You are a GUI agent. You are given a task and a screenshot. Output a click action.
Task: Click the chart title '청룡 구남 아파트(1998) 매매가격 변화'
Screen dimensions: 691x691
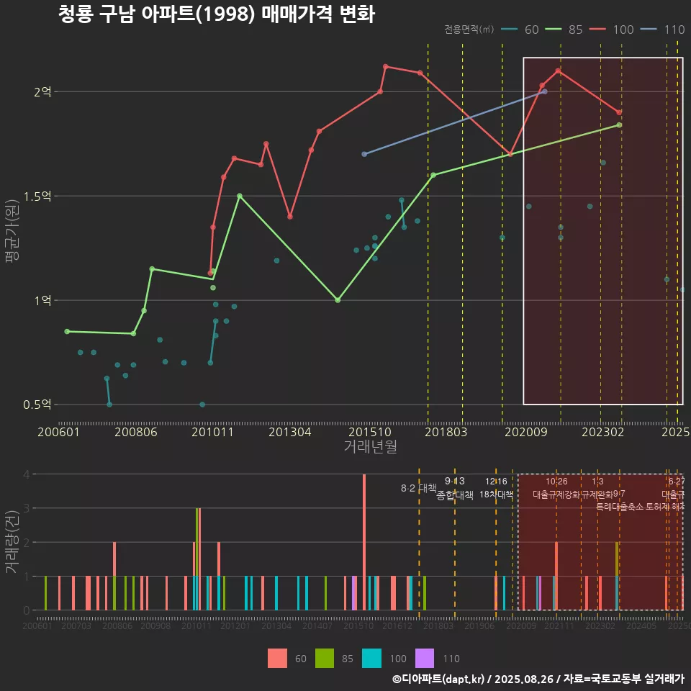tap(216, 14)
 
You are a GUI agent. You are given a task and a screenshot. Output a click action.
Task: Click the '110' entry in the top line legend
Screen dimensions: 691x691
tap(674, 30)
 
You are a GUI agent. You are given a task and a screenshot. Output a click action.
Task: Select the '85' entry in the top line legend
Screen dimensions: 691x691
tap(575, 30)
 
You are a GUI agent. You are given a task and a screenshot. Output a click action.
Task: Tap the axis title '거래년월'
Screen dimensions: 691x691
tap(370, 447)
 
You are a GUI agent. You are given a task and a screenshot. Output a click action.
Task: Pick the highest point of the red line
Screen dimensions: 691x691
tap(386, 66)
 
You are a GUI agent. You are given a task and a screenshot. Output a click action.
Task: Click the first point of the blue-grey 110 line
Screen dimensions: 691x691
tap(364, 154)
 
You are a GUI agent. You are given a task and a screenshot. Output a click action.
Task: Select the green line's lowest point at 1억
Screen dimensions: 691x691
tap(338, 300)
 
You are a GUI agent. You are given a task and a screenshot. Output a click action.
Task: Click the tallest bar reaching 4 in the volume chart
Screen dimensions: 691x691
tap(364, 541)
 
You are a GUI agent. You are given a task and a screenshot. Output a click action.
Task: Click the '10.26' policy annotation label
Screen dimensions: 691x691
tap(556, 482)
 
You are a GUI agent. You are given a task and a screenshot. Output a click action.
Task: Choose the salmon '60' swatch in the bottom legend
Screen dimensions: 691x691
tap(277, 658)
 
